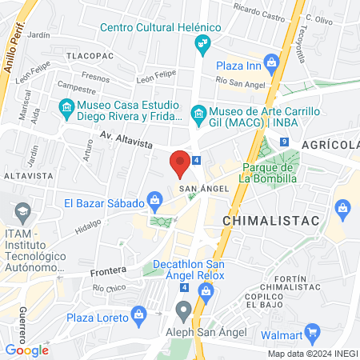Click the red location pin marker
[x=180, y=163]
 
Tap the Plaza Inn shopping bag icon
[x=271, y=62]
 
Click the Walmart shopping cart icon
[x=313, y=330]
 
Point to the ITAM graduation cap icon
[x=21, y=214]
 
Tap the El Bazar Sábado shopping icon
[x=155, y=200]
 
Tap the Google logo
[x=26, y=350]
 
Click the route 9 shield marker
[x=284, y=142]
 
